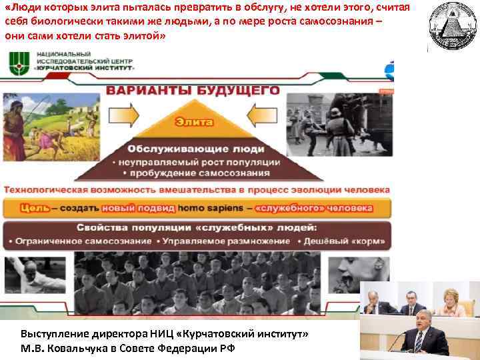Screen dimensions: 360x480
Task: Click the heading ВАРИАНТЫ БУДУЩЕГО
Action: [x=193, y=91]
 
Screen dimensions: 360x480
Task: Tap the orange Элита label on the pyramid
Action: [x=194, y=122]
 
